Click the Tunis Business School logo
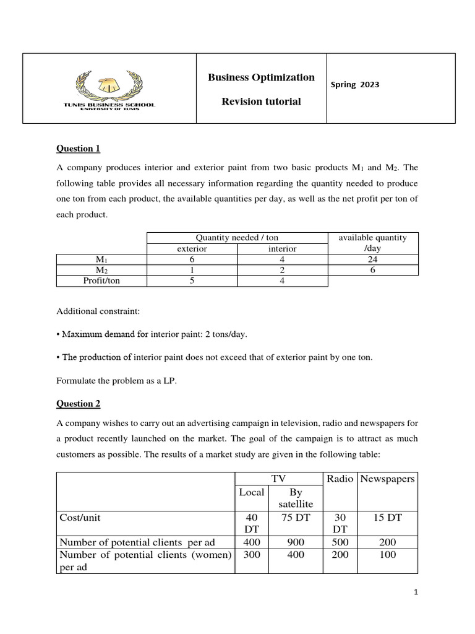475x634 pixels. click(x=109, y=89)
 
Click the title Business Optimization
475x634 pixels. click(x=261, y=77)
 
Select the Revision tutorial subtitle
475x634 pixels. click(x=261, y=102)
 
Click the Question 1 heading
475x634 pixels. click(x=78, y=149)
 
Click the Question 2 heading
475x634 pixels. click(x=78, y=404)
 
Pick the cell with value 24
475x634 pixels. click(x=372, y=259)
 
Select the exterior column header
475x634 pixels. click(x=192, y=248)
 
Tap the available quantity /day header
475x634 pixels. click(x=372, y=243)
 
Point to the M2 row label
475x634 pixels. click(x=101, y=271)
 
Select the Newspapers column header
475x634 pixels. click(x=387, y=479)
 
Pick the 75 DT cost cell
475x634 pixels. click(x=296, y=518)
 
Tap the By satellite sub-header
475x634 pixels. click(x=296, y=498)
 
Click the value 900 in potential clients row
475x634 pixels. click(x=296, y=542)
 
